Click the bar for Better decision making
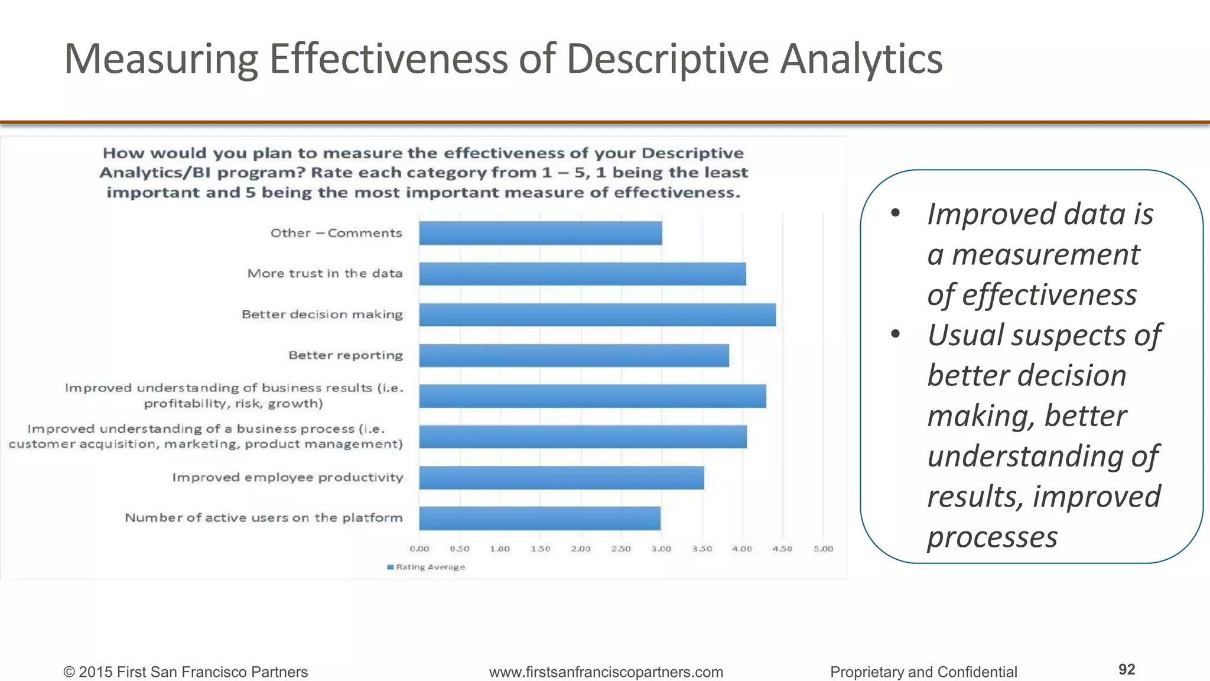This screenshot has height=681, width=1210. point(597,314)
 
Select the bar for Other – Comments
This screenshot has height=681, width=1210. point(540,233)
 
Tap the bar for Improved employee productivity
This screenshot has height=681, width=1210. point(561,478)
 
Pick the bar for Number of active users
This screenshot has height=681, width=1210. point(539,518)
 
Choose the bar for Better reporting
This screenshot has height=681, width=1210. point(574,355)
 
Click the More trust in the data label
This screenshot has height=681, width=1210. point(324,274)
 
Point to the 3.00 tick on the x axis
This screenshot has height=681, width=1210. point(661,549)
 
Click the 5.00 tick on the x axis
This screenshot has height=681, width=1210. point(823,549)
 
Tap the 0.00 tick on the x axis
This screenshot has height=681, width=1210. point(419,549)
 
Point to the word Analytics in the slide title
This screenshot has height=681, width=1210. point(861,59)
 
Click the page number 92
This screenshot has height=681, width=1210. point(1127,669)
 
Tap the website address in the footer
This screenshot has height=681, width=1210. point(606,672)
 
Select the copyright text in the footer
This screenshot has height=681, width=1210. point(186,672)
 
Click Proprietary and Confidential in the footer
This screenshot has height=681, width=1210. point(923,672)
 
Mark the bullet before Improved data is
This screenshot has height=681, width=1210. point(895,213)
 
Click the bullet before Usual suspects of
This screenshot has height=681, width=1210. point(895,335)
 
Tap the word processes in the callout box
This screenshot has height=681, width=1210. point(992,537)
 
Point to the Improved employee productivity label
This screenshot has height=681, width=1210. point(288,478)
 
